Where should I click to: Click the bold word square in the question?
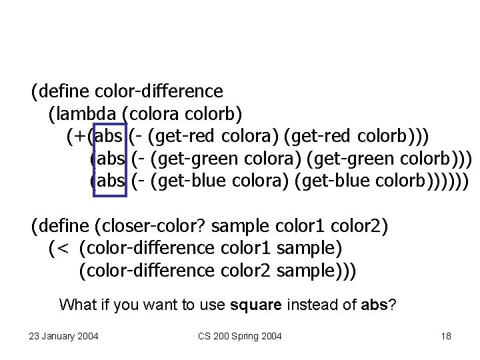click(256, 306)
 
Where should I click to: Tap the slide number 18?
click(446, 336)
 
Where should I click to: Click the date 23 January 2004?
click(64, 336)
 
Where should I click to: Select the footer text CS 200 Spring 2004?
click(240, 336)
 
